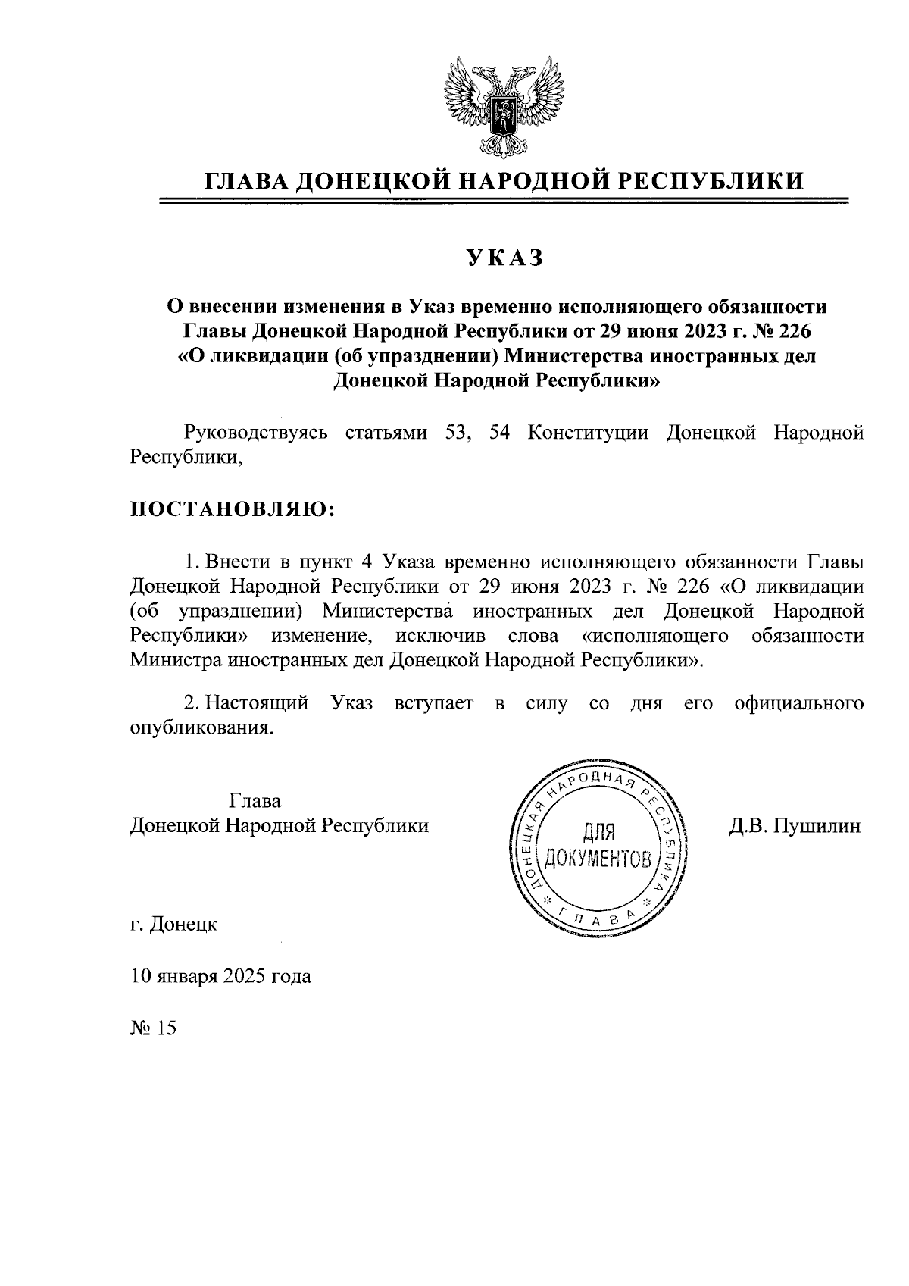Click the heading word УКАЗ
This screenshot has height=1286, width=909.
click(505, 258)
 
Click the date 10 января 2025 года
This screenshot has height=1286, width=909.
click(220, 976)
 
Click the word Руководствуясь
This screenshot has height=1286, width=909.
click(257, 433)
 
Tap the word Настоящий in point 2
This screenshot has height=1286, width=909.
click(257, 702)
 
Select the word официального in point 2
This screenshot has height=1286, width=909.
click(799, 702)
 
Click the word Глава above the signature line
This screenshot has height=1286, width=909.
click(255, 801)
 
